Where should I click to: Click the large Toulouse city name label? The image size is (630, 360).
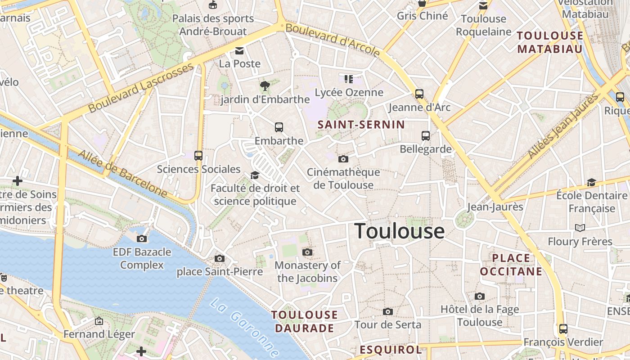tap(400, 231)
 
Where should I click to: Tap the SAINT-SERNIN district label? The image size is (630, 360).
tap(361, 125)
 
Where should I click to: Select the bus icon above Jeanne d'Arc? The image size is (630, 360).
tap(419, 94)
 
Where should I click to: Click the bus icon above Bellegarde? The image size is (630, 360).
tap(426, 135)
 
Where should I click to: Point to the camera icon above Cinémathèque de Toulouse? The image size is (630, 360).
tap(343, 159)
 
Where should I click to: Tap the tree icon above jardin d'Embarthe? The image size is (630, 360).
tap(265, 85)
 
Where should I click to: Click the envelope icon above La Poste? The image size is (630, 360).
tap(239, 50)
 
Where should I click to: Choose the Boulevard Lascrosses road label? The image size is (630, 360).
tap(141, 88)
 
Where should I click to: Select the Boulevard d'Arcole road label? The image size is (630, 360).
tap(333, 40)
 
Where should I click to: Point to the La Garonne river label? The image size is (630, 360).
tap(244, 328)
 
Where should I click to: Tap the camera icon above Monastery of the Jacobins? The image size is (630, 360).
tap(307, 252)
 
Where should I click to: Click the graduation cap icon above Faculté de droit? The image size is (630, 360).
tap(255, 175)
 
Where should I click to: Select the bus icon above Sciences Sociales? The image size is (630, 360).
tap(198, 156)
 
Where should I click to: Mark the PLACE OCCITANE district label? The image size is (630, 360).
tap(511, 265)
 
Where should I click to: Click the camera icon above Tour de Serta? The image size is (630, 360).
tap(387, 311)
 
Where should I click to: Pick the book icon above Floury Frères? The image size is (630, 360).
tap(580, 228)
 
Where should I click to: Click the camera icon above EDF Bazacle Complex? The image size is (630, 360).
tap(142, 238)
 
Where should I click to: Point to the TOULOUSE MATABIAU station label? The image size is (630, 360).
tap(550, 42)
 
